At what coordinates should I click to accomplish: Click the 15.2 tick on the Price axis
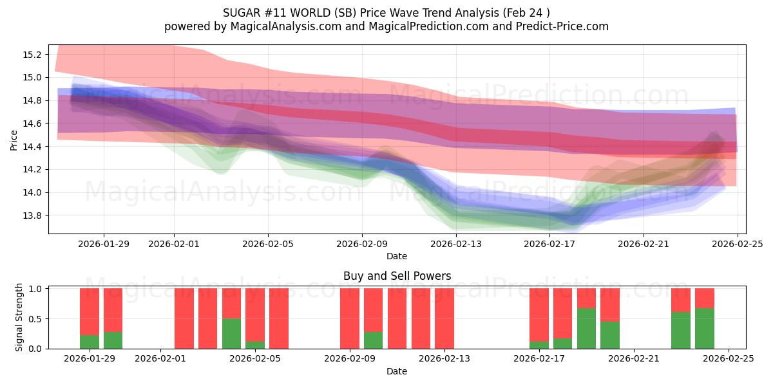pyautogui.click(x=32, y=54)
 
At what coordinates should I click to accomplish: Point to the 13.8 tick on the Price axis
pyautogui.click(x=32, y=216)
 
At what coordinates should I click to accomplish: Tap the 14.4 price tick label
pyautogui.click(x=32, y=147)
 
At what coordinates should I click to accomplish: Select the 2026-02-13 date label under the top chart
pyautogui.click(x=456, y=244)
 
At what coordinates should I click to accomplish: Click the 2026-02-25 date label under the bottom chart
pyautogui.click(x=729, y=358)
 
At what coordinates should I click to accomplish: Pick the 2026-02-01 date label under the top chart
pyautogui.click(x=174, y=244)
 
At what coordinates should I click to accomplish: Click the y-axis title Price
pyautogui.click(x=14, y=140)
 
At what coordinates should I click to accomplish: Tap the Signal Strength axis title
pyautogui.click(x=19, y=317)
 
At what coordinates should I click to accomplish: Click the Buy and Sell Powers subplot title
pyautogui.click(x=397, y=276)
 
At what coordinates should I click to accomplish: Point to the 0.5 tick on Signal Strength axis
pyautogui.click(x=36, y=318)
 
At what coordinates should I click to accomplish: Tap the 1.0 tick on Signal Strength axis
pyautogui.click(x=36, y=289)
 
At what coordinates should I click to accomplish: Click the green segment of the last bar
pyautogui.click(x=705, y=328)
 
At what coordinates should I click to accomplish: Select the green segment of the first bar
pyautogui.click(x=90, y=342)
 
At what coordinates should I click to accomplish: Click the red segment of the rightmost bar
pyautogui.click(x=705, y=298)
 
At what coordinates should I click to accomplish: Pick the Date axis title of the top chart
pyautogui.click(x=397, y=256)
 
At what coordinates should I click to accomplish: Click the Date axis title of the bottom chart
pyautogui.click(x=397, y=371)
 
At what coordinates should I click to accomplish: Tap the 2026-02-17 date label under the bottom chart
pyautogui.click(x=540, y=358)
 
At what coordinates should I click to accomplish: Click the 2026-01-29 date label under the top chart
pyautogui.click(x=104, y=244)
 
